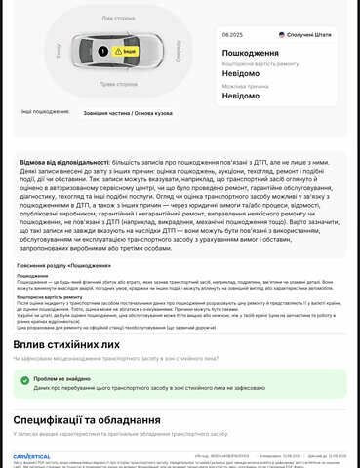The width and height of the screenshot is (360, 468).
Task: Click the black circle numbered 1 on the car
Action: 103,51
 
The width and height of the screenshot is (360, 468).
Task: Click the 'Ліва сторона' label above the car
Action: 119,17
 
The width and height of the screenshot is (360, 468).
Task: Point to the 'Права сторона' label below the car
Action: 119,84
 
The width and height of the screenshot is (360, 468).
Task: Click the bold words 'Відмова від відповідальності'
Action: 63,162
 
